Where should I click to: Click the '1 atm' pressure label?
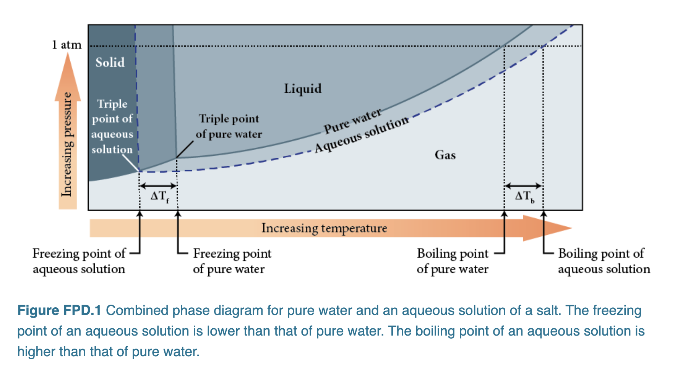[x=67, y=45]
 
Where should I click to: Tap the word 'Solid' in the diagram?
[x=110, y=62]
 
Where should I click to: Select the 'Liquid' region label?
[x=302, y=89]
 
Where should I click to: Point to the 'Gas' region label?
[x=445, y=155]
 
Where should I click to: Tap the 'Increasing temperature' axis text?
[x=324, y=228]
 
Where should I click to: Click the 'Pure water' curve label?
[x=353, y=121]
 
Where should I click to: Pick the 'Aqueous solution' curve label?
[x=362, y=134]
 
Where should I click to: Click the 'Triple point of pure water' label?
[x=229, y=126]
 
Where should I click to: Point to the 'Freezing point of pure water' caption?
[x=232, y=261]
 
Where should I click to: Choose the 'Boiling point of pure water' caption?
[x=453, y=261]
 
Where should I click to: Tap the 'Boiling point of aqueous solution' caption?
[x=604, y=261]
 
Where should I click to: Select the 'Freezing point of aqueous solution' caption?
[x=79, y=261]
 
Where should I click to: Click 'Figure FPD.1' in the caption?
[x=59, y=310]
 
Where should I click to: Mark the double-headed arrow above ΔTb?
[x=523, y=186]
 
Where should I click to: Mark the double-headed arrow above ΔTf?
[x=158, y=186]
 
